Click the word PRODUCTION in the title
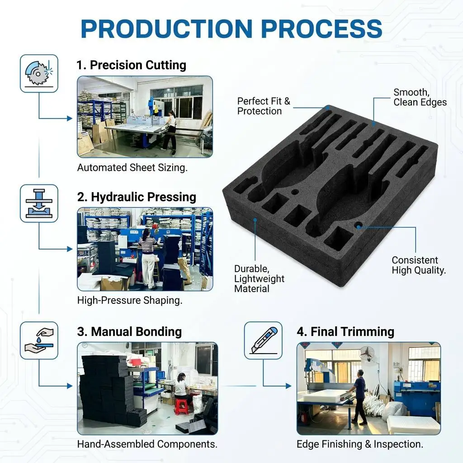[x=166, y=28]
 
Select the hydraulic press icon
[x=39, y=203]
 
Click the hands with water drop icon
[x=39, y=340]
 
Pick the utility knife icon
[x=264, y=340]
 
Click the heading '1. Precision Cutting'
[x=132, y=65]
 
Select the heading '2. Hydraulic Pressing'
[x=137, y=197]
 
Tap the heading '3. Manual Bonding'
[x=129, y=331]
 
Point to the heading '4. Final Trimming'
[x=345, y=331]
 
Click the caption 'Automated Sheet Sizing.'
[x=132, y=168]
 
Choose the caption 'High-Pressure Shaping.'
[x=130, y=300]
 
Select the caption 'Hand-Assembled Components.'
[x=147, y=444]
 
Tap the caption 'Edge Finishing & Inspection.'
[x=360, y=444]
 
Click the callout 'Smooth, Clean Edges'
[x=420, y=97]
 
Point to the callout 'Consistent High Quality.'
[x=419, y=265]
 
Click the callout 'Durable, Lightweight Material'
[x=259, y=279]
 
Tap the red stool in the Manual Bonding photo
[x=181, y=406]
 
